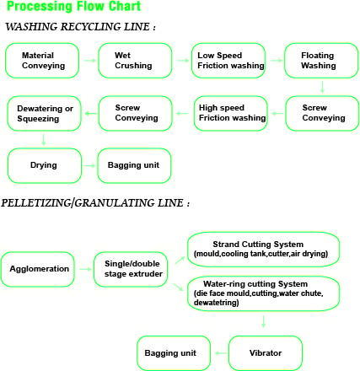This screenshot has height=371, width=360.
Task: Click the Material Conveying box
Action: [x=42, y=61]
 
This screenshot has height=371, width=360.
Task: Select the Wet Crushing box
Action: [x=135, y=61]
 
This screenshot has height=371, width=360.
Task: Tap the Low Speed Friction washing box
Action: [x=228, y=61]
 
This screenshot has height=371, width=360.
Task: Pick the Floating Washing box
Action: [x=321, y=61]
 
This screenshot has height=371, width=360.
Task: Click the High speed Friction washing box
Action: [x=231, y=114]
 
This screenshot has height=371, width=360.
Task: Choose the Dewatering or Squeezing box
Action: [x=44, y=114]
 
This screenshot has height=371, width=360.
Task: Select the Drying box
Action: [x=45, y=166]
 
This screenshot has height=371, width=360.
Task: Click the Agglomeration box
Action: [x=38, y=269]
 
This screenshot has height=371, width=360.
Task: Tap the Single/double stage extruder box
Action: [x=131, y=269]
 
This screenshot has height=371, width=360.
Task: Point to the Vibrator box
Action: [x=266, y=353]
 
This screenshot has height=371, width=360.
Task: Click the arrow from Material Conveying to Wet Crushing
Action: [x=90, y=61]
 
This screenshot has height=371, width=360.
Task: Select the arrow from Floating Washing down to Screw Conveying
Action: [x=322, y=87]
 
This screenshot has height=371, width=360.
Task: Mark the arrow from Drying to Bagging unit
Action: [x=89, y=165]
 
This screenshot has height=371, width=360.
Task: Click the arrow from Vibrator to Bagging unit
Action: [x=221, y=353]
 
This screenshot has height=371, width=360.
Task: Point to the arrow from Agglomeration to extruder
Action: [x=85, y=269]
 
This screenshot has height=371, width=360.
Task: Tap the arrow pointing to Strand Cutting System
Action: [x=180, y=261]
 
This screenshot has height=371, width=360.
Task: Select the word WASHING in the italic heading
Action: [x=31, y=27]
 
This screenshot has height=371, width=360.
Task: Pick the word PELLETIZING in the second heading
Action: [x=36, y=203]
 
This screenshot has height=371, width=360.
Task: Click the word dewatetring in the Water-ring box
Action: [x=217, y=303]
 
